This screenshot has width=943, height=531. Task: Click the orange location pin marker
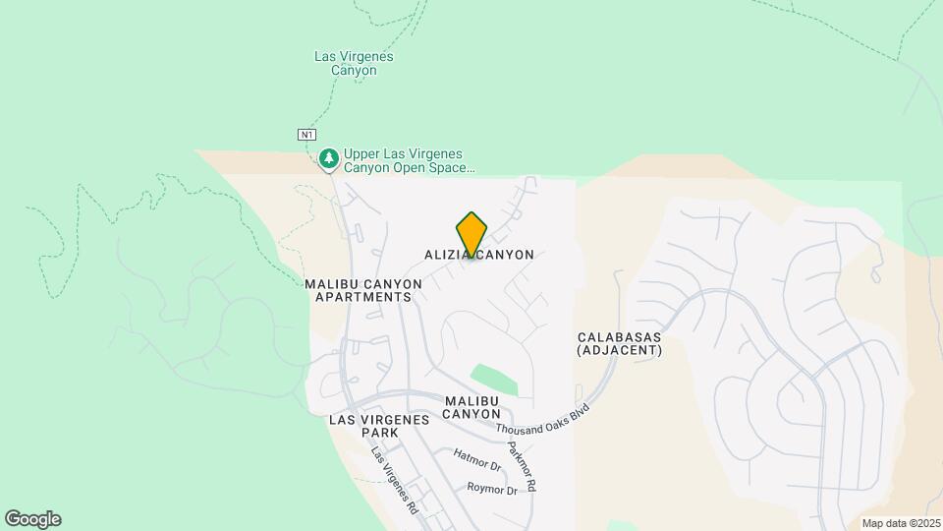[x=471, y=235]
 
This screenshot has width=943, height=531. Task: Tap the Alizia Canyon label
[x=479, y=255]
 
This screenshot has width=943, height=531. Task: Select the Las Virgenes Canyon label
[x=354, y=63]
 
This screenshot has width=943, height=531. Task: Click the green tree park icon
[x=329, y=157]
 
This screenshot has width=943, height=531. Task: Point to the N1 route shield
[x=307, y=134]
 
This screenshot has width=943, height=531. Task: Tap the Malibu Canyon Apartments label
[x=362, y=290]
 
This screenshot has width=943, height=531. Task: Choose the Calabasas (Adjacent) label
[x=619, y=342]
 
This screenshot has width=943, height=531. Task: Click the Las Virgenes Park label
[x=379, y=426]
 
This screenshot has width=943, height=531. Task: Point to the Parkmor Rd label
[x=522, y=466]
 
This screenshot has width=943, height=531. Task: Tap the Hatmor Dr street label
[x=478, y=458]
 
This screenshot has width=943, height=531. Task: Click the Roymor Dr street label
[x=492, y=488]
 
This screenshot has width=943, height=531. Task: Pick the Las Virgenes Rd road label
[x=394, y=481]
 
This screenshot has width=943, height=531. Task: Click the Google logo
[x=32, y=519]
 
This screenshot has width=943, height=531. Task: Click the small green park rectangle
[x=493, y=379]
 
